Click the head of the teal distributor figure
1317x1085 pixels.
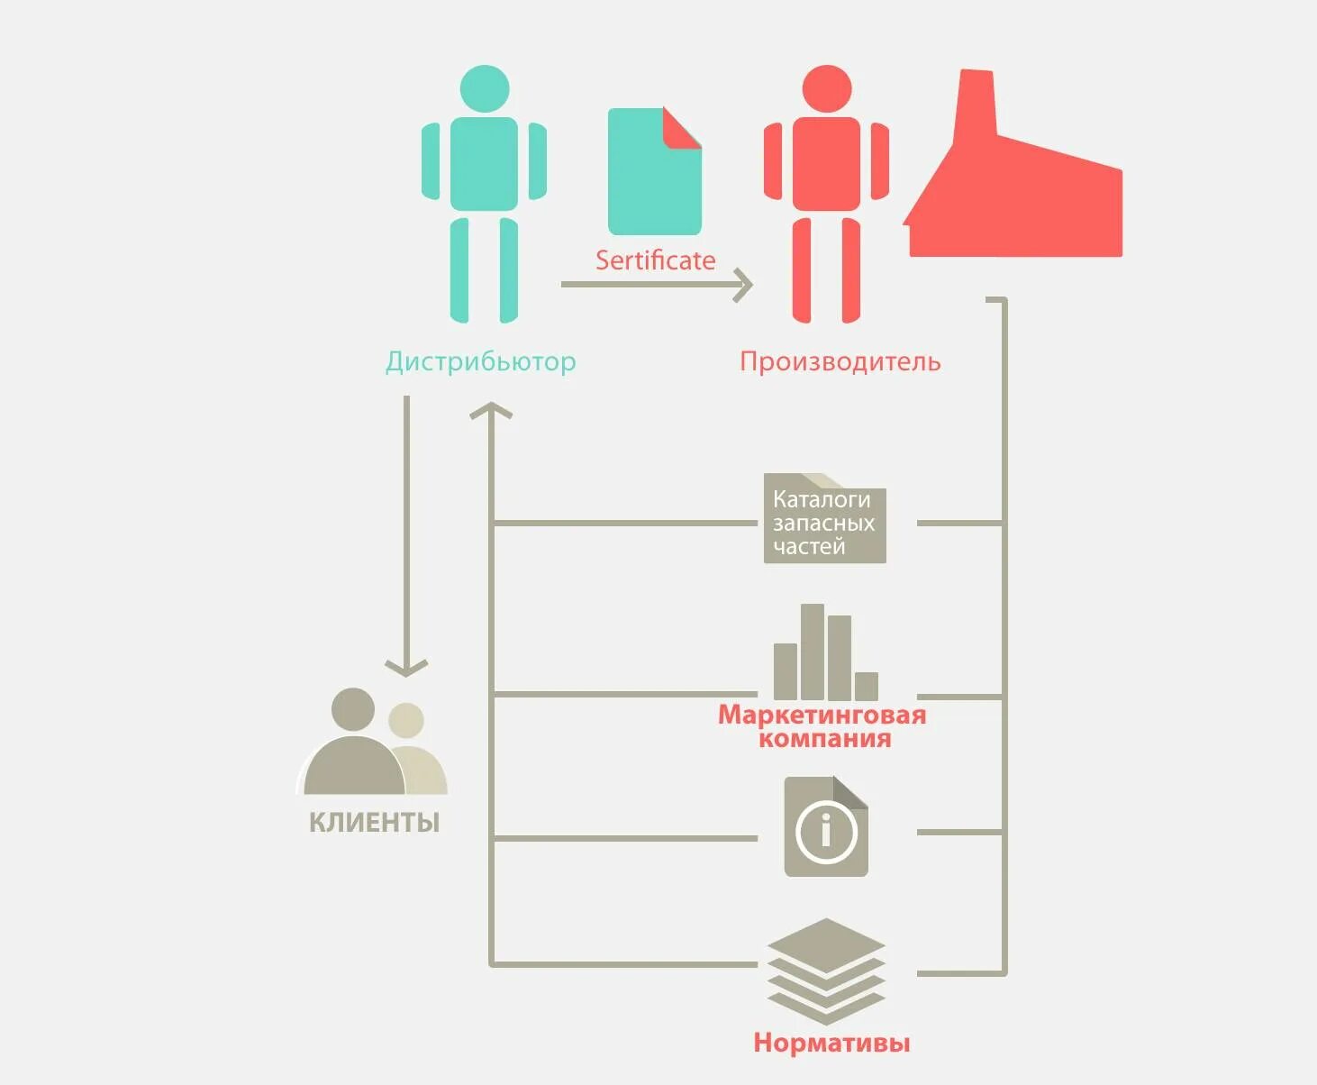click(x=485, y=88)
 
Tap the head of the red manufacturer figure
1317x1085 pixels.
click(x=826, y=88)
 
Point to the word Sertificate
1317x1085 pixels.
click(x=655, y=260)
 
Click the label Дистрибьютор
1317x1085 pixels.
click(x=480, y=361)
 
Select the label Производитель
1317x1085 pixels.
click(x=840, y=361)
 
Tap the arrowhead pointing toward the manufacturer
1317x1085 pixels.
click(x=744, y=284)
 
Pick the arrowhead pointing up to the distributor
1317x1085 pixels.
click(x=491, y=411)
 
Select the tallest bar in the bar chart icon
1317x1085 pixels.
click(x=813, y=651)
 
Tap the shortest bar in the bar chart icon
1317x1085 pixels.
click(x=867, y=686)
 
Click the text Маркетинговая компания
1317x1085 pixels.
click(x=822, y=726)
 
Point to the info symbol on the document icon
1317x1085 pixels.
click(x=826, y=830)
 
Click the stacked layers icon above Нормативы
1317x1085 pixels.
click(x=826, y=970)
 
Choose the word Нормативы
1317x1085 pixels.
click(x=831, y=1043)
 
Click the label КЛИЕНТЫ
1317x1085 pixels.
click(x=374, y=822)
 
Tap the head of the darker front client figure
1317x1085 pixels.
click(x=352, y=709)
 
